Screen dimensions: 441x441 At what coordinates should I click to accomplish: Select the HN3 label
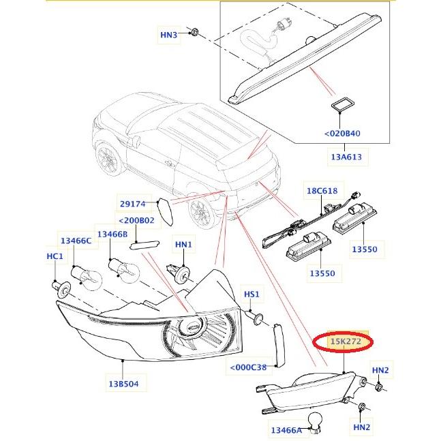[168, 34]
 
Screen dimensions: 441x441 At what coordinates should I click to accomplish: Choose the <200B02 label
[136, 221]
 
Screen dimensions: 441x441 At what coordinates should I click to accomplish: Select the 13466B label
[112, 234]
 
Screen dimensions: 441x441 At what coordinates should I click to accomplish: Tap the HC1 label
[55, 256]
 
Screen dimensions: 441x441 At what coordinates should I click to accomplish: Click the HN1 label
[184, 244]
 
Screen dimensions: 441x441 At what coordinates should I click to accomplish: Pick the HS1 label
[252, 294]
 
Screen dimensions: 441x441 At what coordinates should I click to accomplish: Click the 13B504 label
[122, 384]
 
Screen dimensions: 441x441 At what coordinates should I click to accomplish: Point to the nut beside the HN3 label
[194, 31]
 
